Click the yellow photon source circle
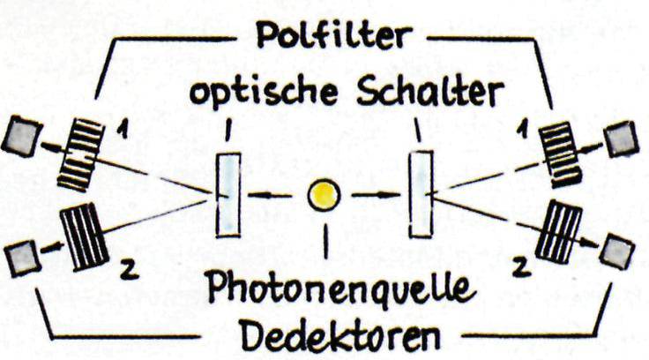(x=324, y=195)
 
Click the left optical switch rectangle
(x=228, y=194)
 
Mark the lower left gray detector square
(x=20, y=257)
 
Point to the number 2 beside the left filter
(x=125, y=270)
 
